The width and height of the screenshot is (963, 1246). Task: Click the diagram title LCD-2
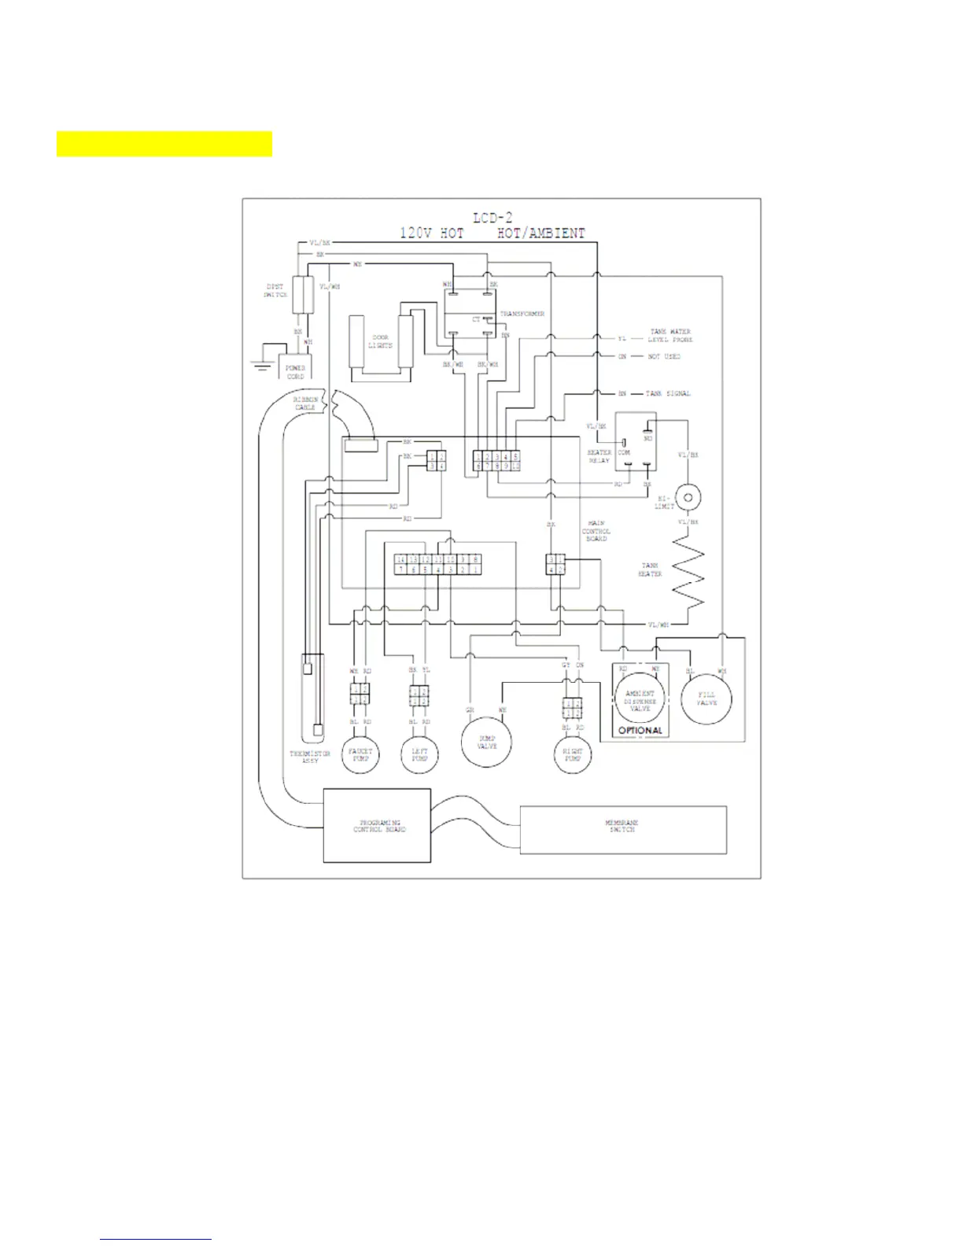click(493, 218)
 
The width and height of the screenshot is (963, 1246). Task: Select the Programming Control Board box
click(378, 826)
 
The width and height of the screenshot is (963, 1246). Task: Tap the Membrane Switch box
click(622, 829)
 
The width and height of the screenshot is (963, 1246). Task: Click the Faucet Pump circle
click(360, 755)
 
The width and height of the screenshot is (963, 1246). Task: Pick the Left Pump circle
click(419, 755)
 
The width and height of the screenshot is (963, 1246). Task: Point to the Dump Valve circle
click(486, 743)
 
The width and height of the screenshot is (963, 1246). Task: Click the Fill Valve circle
click(707, 699)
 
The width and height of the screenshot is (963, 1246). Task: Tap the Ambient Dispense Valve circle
click(640, 699)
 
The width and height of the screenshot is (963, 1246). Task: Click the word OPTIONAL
click(640, 731)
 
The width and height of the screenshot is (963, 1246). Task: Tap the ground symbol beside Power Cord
click(261, 363)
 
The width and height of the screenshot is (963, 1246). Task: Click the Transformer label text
click(522, 314)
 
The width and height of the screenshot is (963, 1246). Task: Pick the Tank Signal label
click(668, 393)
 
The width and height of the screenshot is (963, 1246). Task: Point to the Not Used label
click(664, 356)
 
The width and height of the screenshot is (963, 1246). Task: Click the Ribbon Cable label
click(305, 404)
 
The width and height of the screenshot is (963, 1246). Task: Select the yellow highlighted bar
click(164, 144)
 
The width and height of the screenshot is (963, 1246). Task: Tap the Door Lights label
click(380, 341)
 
